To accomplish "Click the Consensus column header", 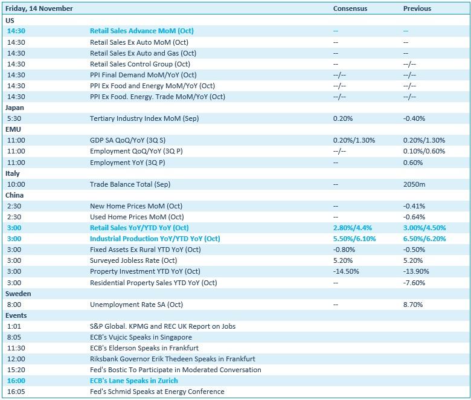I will pyautogui.click(x=350, y=8).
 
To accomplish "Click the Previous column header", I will pyautogui.click(x=417, y=8).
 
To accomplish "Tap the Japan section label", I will pyautogui.click(x=14, y=108).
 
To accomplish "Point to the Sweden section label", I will pyautogui.click(x=18, y=294).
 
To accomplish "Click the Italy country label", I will pyautogui.click(x=13, y=173).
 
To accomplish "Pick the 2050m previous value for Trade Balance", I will pyautogui.click(x=414, y=184).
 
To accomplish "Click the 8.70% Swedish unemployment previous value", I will pyautogui.click(x=414, y=305).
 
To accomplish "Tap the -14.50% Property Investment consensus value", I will pyautogui.click(x=345, y=272).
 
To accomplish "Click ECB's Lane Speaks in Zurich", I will pyautogui.click(x=133, y=381).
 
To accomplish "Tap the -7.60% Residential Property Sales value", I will pyautogui.click(x=414, y=283).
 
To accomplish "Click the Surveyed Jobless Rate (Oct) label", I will pyautogui.click(x=133, y=261).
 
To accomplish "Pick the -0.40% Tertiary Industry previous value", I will pyautogui.click(x=414, y=118).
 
